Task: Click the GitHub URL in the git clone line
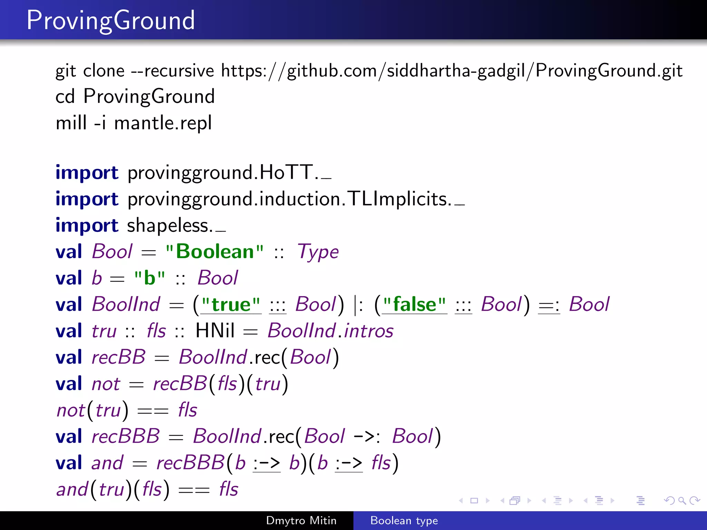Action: pos(452,71)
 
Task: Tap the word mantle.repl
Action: pos(163,123)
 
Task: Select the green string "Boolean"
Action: pos(214,252)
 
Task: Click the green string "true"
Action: pos(231,305)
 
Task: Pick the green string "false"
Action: pos(414,305)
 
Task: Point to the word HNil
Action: pos(215,331)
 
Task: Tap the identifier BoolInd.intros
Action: pos(330,331)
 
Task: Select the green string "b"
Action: pos(149,278)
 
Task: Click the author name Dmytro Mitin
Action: pos(301,520)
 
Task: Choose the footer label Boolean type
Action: pos(404,520)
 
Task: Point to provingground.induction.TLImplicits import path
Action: pos(289,199)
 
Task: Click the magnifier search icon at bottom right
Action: pos(682,500)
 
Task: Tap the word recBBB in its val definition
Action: pos(126,436)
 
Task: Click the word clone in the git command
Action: pos(104,71)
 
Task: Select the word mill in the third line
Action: pos(71,123)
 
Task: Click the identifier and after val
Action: pos(107,463)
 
